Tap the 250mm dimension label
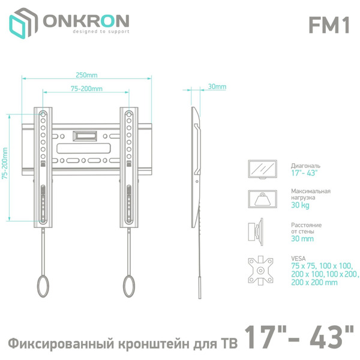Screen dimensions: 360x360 [x=86, y=76]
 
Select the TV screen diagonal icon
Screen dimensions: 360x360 [x=262, y=169]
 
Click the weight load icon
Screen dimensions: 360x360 [x=262, y=198]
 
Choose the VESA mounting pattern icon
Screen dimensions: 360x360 [x=262, y=269]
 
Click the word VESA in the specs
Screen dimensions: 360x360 [x=298, y=258]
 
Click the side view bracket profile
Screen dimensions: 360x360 [x=196, y=180]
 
